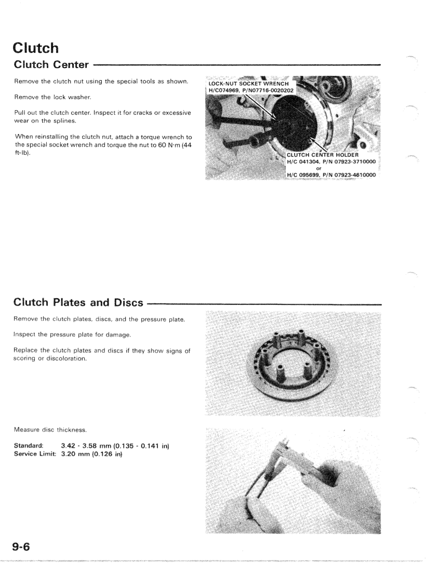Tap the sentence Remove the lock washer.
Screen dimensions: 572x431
(x=46, y=97)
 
